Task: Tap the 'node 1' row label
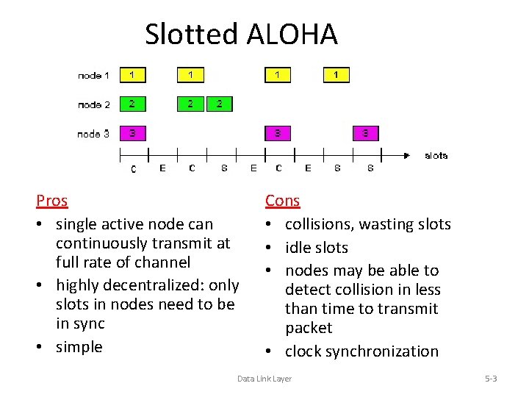94,75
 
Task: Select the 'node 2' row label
94,104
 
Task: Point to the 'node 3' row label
94,133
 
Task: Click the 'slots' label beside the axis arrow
436,155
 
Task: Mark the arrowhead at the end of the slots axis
406,155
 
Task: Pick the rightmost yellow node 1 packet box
337,75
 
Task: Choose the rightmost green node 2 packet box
220,104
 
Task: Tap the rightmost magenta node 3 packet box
365,133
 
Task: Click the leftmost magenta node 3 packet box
132,133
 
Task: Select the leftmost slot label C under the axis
133,169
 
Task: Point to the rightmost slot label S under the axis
370,168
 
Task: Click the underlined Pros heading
51,201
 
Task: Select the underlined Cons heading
282,201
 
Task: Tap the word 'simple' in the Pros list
79,346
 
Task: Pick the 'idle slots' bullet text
316,248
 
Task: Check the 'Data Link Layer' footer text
264,379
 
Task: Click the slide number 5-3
491,379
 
